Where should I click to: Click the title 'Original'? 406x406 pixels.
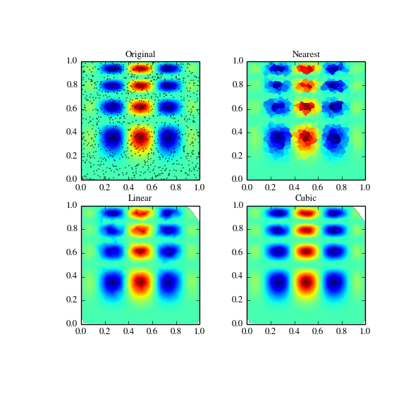[x=140, y=54]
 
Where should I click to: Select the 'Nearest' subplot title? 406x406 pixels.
[x=306, y=54]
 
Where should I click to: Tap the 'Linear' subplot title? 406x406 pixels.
[x=140, y=198]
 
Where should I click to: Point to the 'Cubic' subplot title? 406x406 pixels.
[x=306, y=198]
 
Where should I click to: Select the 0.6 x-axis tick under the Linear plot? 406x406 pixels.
[x=152, y=330]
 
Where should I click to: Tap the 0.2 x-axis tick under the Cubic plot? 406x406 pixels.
[x=271, y=330]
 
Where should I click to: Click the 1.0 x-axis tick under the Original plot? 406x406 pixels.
[x=199, y=186]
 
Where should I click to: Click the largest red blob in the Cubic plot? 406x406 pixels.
[x=307, y=282]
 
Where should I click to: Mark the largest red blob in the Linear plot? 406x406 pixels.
[x=141, y=282]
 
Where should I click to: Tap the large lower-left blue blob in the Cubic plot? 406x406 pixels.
[x=278, y=282]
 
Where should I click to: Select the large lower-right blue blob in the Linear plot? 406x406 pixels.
[x=168, y=282]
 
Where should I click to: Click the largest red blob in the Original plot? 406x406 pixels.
[x=141, y=137]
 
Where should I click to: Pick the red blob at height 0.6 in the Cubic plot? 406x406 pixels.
[x=307, y=250]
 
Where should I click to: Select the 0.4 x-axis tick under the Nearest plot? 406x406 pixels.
[x=295, y=186]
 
